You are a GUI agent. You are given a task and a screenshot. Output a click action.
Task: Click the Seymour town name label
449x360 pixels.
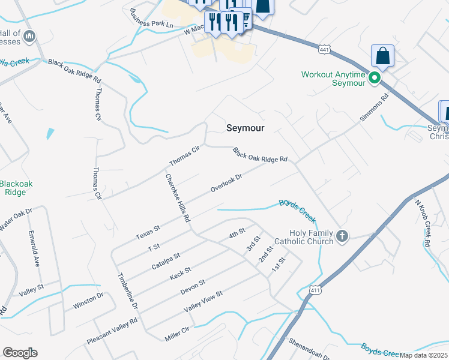(246, 128)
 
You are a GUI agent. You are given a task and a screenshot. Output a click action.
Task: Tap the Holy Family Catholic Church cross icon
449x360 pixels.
(342, 235)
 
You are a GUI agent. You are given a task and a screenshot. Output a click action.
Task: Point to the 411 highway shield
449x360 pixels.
(316, 290)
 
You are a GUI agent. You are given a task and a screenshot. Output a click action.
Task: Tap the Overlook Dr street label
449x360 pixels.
(226, 183)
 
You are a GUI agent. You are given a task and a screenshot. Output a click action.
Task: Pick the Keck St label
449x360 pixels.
(180, 274)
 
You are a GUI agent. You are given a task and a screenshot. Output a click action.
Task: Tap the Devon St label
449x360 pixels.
(193, 287)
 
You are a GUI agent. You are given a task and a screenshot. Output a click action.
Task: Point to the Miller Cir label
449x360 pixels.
(176, 334)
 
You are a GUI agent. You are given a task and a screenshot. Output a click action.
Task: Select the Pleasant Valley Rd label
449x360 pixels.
(112, 331)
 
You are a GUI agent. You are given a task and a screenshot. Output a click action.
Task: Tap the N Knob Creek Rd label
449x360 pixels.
(424, 221)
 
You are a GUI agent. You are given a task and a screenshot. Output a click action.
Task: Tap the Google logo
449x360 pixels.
(20, 353)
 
